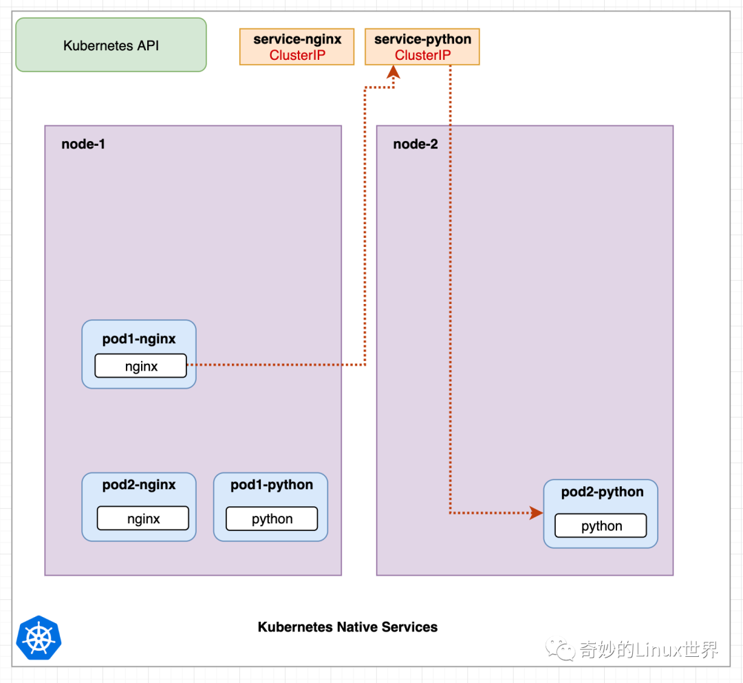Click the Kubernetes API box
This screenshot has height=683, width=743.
point(111,45)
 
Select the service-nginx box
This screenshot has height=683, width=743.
point(297,47)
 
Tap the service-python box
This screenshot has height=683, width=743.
point(422,47)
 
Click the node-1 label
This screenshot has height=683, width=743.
point(83,144)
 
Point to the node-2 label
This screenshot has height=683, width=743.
point(415,144)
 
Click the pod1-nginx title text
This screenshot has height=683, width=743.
point(139,339)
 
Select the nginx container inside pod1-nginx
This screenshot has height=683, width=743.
point(140,366)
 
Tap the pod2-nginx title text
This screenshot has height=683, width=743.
point(139,485)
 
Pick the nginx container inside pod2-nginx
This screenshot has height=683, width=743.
point(142,519)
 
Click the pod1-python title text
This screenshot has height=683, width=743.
point(271,485)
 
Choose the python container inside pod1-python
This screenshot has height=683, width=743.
point(272,519)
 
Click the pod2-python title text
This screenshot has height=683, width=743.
point(602,492)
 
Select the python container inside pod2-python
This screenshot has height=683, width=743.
point(601,526)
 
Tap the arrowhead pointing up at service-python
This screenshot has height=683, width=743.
point(393,73)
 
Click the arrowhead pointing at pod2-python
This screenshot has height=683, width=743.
point(536,512)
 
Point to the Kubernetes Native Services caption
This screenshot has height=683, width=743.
point(347,627)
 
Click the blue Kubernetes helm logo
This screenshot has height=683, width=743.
point(39,638)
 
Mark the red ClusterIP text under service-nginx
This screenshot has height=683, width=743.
point(297,56)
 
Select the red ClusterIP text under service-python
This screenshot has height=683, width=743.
point(422,56)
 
